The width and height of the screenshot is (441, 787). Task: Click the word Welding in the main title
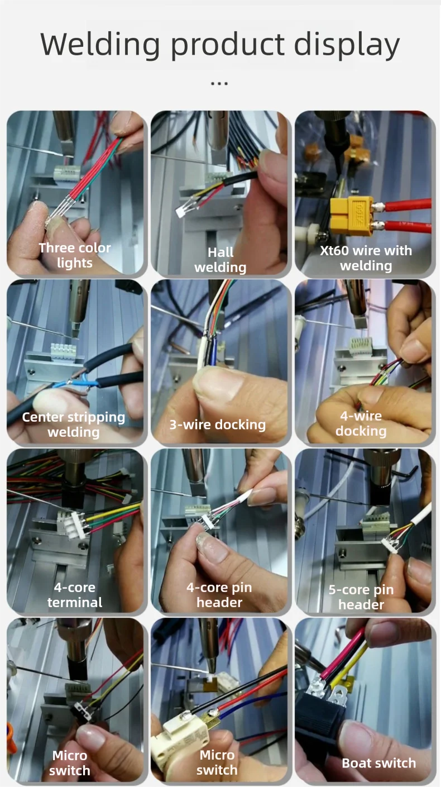tap(100, 45)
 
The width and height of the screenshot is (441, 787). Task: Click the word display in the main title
tap(347, 46)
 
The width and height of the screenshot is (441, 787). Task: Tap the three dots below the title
tap(219, 84)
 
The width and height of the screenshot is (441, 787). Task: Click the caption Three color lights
tap(75, 255)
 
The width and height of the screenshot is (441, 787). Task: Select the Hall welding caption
tap(220, 260)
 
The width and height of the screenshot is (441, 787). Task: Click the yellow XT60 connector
tap(352, 215)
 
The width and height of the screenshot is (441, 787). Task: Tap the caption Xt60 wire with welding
tap(366, 258)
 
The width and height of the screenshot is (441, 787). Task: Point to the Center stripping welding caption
tap(74, 424)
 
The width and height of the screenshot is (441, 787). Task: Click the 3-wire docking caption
tap(218, 424)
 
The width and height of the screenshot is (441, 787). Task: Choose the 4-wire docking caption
tap(361, 423)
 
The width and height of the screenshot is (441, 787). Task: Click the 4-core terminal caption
tap(75, 595)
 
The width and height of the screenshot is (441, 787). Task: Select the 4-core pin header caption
tap(219, 595)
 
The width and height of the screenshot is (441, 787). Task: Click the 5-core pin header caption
tap(361, 597)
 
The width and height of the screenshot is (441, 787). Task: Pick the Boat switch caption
tap(379, 763)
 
